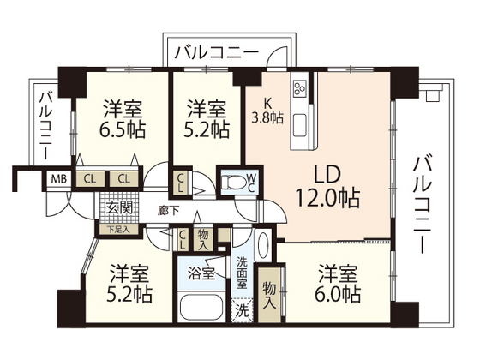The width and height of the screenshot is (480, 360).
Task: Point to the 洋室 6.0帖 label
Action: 336,285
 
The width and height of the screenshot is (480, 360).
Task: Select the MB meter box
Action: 57,178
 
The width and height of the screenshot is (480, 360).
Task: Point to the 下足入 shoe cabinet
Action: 117,228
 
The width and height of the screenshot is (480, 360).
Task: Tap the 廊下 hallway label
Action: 168,209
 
